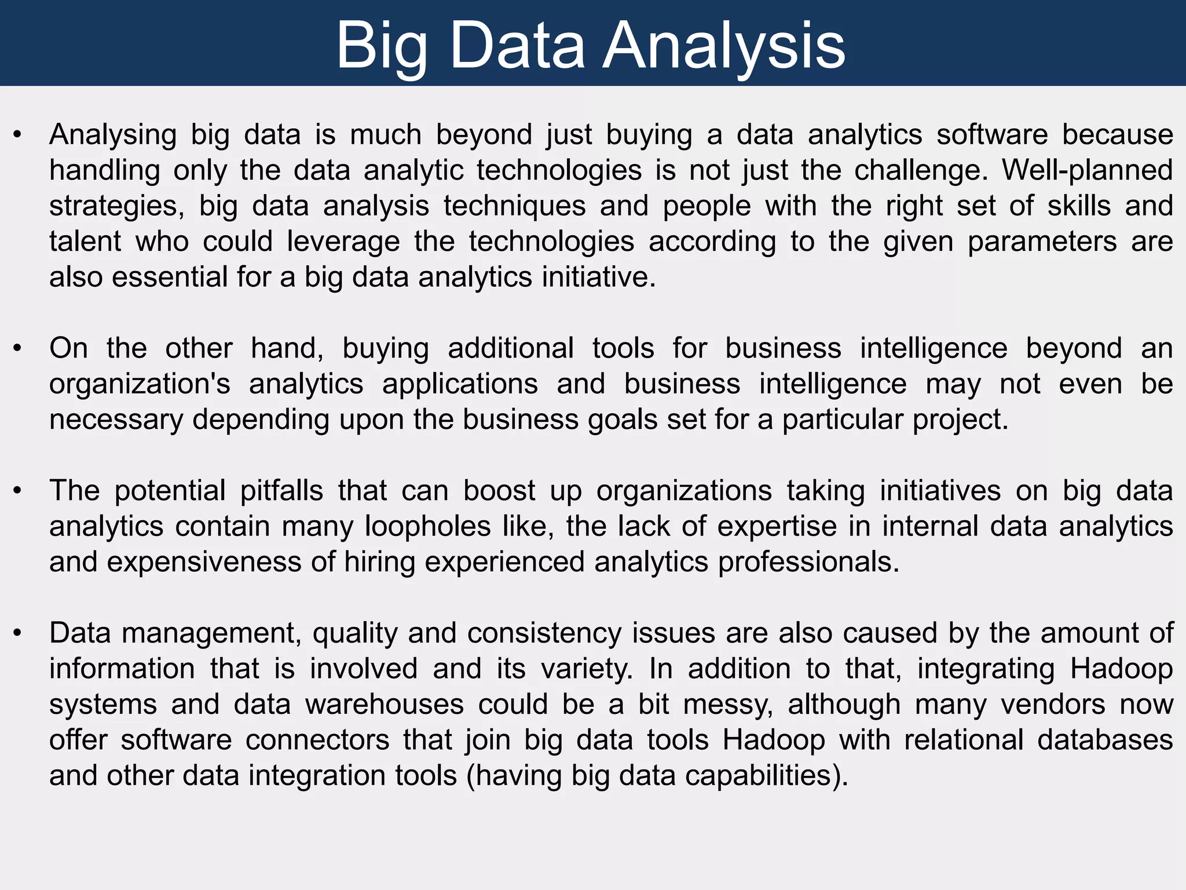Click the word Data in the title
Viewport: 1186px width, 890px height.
pos(517,45)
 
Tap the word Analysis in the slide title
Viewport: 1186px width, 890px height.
pos(724,45)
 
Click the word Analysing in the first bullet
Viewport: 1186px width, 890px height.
pos(113,135)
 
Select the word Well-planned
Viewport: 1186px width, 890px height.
pos(1088,170)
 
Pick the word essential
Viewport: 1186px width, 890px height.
pos(170,277)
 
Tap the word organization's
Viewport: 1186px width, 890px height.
pos(140,384)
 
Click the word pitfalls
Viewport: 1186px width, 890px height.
pos(281,491)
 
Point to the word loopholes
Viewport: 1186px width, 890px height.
pos(428,527)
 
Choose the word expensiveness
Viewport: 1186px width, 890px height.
pos(204,562)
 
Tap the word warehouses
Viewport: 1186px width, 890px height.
pos(385,705)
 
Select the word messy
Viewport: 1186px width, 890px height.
pos(728,705)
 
